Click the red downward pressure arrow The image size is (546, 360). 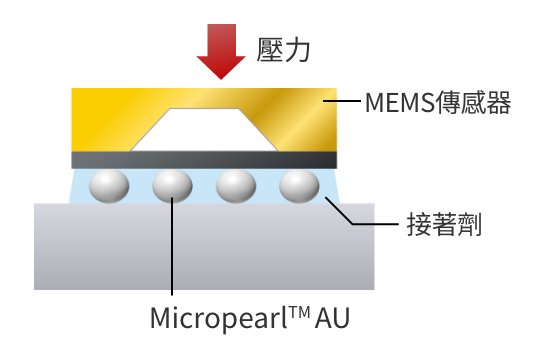coord(219,52)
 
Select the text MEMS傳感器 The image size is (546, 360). coord(438,102)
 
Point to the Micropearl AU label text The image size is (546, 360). coord(250,319)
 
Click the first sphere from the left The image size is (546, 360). coord(110,186)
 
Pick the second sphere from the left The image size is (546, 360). coord(173,186)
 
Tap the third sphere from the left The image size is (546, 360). coord(237,186)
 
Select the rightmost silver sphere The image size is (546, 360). coord(299,186)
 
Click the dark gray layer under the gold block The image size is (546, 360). coord(204,159)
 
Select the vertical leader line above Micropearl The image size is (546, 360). coord(173,250)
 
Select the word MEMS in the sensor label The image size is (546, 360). coord(395,102)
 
